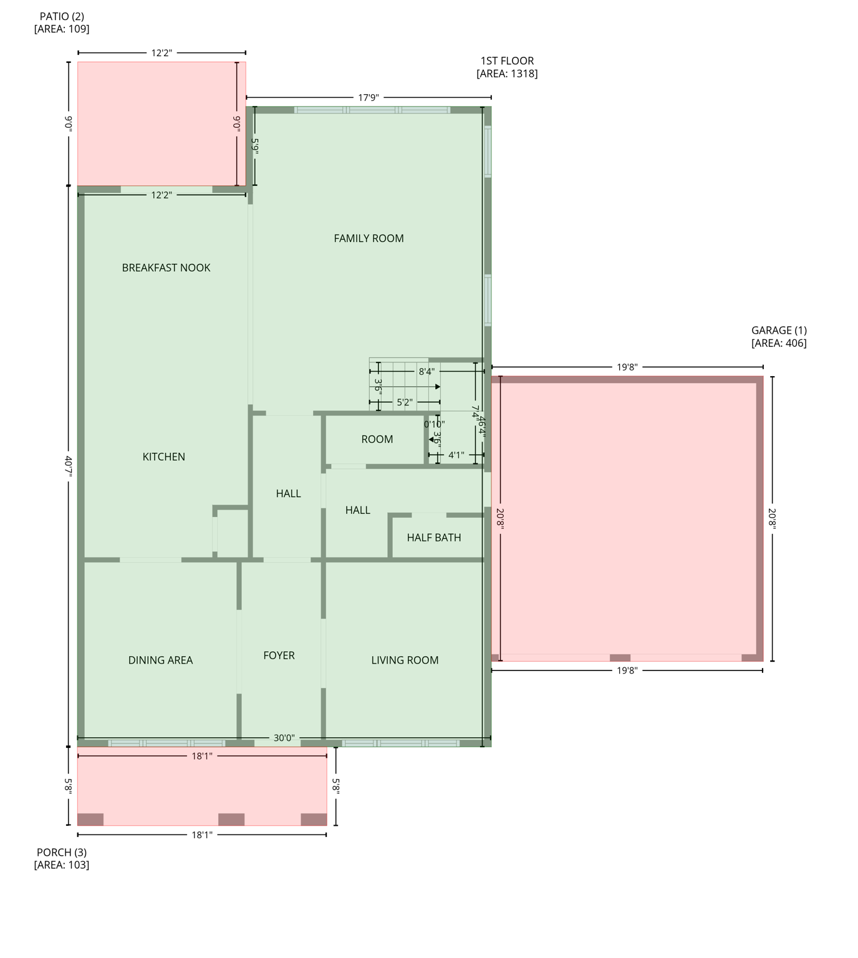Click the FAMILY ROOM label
click(x=369, y=238)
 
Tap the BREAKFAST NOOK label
click(x=166, y=268)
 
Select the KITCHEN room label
click(x=163, y=457)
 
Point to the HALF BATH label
click(x=433, y=538)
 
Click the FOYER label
click(x=279, y=656)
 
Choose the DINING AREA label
click(x=160, y=660)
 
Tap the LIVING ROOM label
click(x=405, y=660)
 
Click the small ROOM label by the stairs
click(x=377, y=439)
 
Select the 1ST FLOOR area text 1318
click(x=506, y=74)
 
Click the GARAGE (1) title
click(x=778, y=331)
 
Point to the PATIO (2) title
click(x=62, y=17)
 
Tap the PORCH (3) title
click(x=62, y=853)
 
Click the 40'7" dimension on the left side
click(x=69, y=466)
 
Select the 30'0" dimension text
click(x=284, y=738)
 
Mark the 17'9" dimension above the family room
click(x=368, y=97)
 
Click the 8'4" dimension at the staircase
click(x=427, y=372)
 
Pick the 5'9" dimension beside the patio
click(x=254, y=145)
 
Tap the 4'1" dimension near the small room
click(x=456, y=455)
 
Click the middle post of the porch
click(x=231, y=819)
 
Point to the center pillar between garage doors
click(x=620, y=657)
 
